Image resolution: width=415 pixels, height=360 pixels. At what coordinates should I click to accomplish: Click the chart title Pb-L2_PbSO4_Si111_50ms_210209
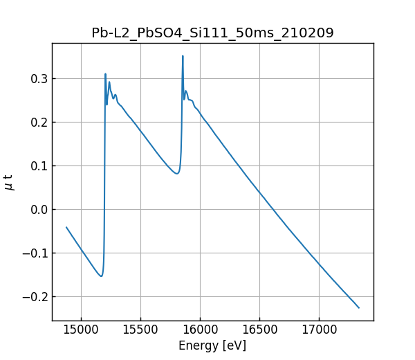pyautogui.click(x=212, y=33)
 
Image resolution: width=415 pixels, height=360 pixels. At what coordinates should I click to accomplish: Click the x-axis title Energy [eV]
pyautogui.click(x=212, y=345)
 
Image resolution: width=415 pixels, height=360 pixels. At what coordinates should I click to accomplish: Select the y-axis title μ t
pyautogui.click(x=10, y=182)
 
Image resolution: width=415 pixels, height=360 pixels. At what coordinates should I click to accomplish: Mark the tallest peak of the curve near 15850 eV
pyautogui.click(x=183, y=56)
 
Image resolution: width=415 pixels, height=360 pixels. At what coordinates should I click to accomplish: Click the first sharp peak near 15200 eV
pyautogui.click(x=105, y=74)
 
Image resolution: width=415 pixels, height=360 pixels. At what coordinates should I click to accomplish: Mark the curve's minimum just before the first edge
pyautogui.click(x=101, y=276)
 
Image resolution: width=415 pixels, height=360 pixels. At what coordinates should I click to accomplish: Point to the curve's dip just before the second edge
pyautogui.click(x=176, y=173)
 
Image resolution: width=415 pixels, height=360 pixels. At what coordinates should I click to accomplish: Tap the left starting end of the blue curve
pyautogui.click(x=66, y=227)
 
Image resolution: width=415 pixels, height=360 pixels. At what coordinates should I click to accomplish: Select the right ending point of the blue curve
pyautogui.click(x=359, y=307)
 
